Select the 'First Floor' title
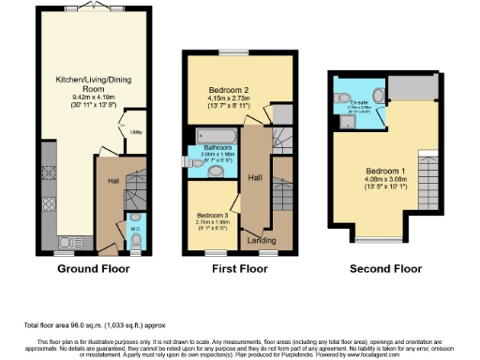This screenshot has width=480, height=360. click(x=240, y=269)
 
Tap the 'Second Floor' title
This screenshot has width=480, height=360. click(x=385, y=269)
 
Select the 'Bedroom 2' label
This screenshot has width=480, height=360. click(x=217, y=90)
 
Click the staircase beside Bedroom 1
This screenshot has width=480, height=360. click(x=427, y=172)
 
